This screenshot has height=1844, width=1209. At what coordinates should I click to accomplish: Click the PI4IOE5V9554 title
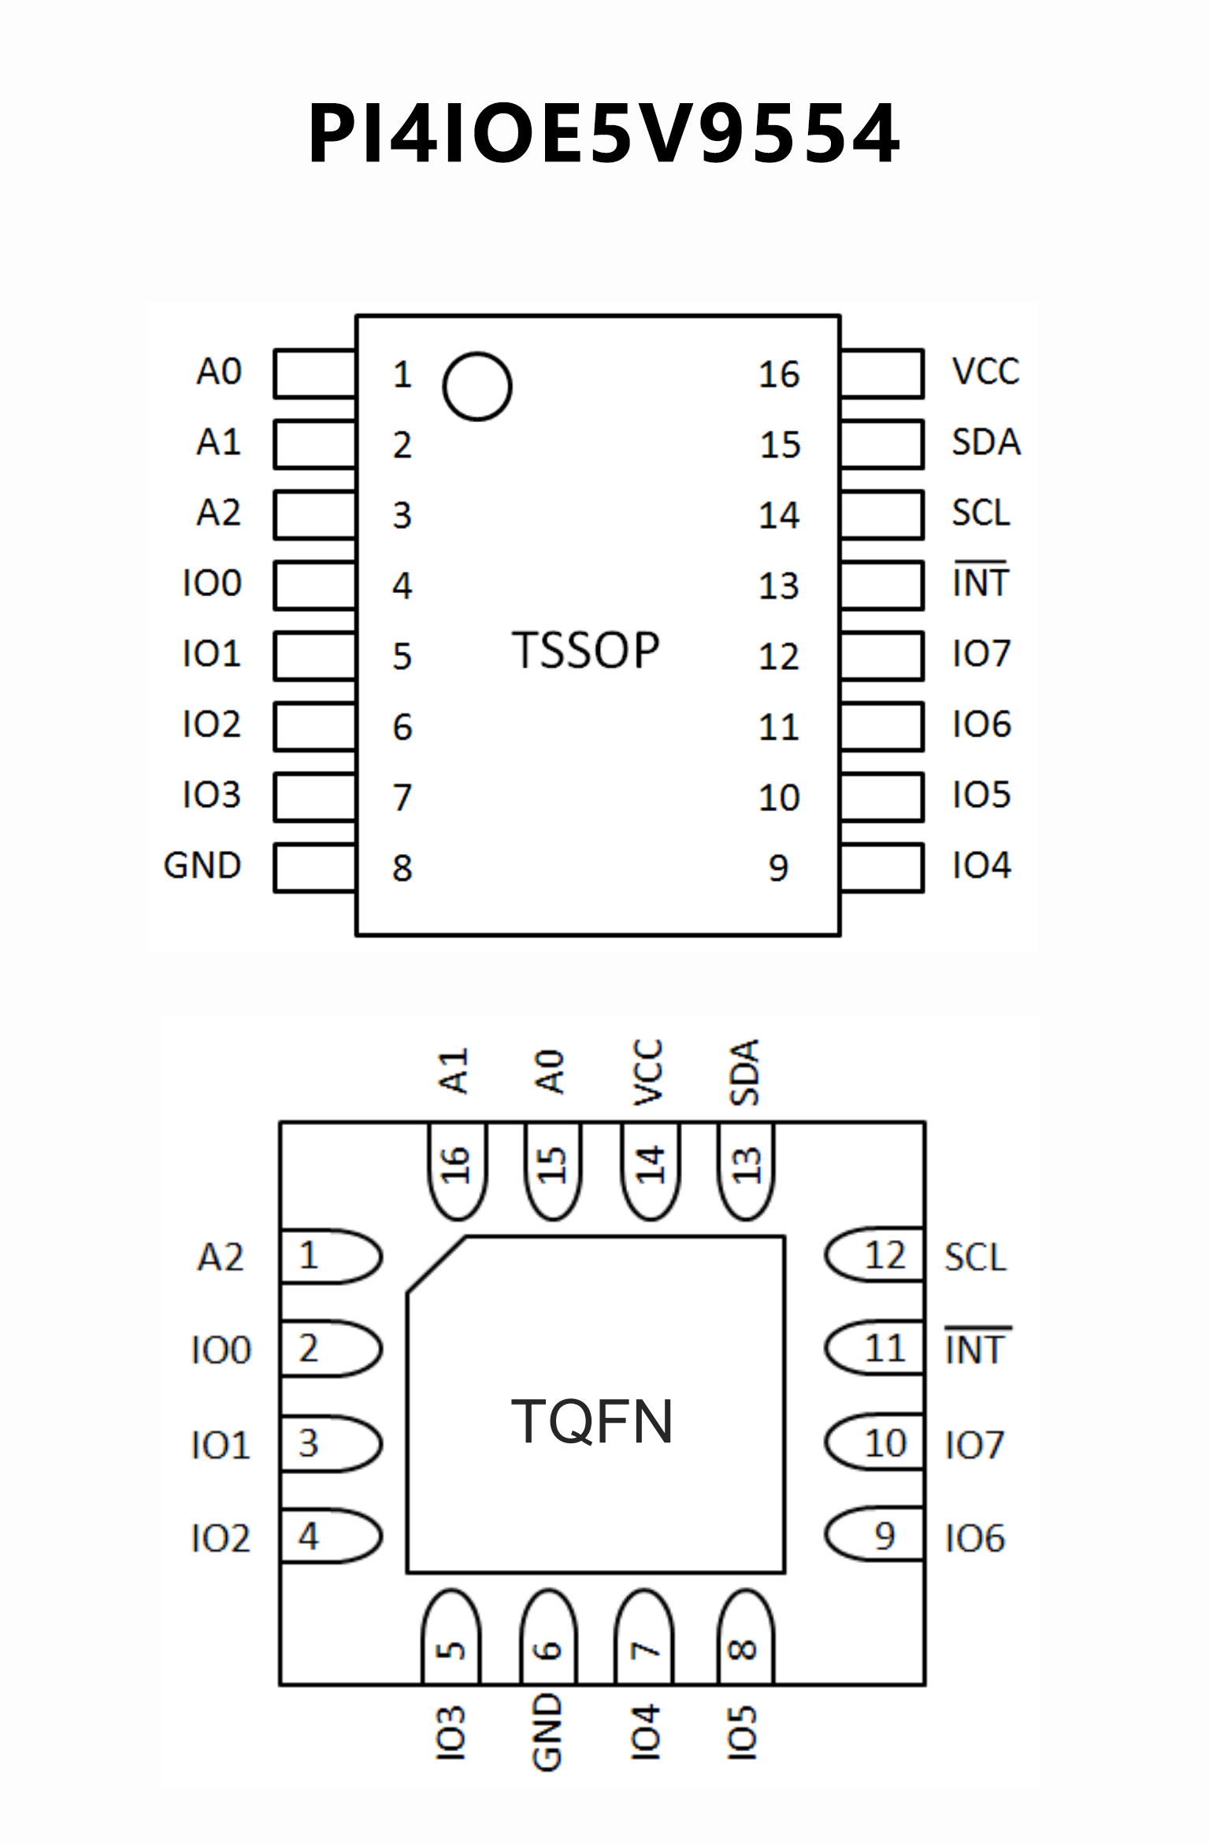tap(604, 134)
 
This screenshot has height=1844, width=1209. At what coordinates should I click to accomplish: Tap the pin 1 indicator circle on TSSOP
tap(477, 386)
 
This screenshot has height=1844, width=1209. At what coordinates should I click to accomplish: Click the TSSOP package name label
tap(586, 650)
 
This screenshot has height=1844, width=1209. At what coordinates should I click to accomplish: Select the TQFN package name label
tap(592, 1422)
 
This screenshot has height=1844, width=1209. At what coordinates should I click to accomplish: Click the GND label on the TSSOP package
tap(202, 865)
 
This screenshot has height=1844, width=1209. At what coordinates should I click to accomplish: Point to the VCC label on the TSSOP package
tap(985, 371)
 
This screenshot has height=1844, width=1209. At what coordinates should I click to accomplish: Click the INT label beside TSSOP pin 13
tap(981, 583)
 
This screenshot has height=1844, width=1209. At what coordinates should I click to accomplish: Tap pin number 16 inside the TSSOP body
tap(779, 375)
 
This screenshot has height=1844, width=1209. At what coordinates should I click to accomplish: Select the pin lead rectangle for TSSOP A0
tap(314, 374)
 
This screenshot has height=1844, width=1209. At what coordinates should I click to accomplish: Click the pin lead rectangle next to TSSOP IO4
tap(882, 868)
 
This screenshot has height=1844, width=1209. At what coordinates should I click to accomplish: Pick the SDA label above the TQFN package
tap(744, 1072)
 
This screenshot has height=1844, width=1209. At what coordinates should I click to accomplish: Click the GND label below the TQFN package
tap(547, 1732)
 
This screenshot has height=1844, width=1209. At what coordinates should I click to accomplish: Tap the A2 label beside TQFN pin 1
tap(221, 1257)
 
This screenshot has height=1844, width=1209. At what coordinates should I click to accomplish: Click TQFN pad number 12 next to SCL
tap(884, 1256)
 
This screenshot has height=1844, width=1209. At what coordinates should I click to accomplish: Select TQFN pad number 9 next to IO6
tap(884, 1536)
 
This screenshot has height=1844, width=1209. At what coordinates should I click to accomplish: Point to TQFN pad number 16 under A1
tap(456, 1165)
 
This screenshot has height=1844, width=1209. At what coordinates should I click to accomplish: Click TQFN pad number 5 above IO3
tap(451, 1649)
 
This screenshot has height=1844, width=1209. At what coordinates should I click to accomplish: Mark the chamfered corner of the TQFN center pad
tap(436, 1265)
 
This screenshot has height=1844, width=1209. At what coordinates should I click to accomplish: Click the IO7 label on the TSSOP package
tap(981, 654)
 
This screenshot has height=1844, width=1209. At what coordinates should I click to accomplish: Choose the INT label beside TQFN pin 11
tap(975, 1350)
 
